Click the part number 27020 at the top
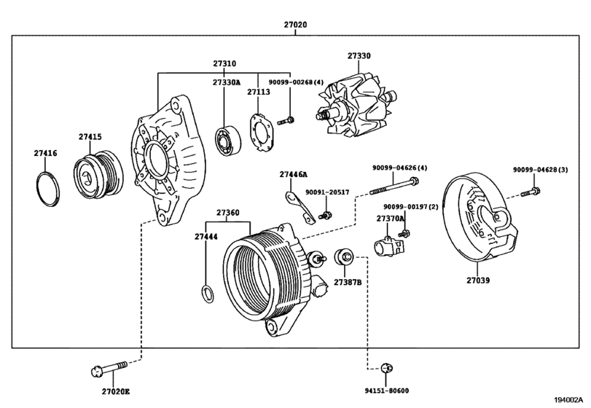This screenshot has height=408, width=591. coord(296,25)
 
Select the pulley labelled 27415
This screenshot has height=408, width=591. coord(98,174)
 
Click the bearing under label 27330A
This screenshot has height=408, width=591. coord(228,141)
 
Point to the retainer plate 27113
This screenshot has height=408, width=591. coord(262,133)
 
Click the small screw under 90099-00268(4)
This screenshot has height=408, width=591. coord(286,121)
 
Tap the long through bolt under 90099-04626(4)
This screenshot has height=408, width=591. coord(394,186)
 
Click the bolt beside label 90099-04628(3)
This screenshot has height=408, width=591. coord(531,192)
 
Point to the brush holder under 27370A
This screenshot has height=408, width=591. coord(389,247)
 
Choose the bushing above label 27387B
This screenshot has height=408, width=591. coord(344,256)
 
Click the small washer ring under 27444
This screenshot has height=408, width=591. coord(208,294)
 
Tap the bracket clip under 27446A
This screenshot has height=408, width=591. coord(300,208)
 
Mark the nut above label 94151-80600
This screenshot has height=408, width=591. coord(386,368)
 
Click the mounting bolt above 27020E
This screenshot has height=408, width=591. coord(109,369)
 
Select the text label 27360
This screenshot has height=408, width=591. coord(227,213)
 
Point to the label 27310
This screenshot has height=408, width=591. coord(224,63)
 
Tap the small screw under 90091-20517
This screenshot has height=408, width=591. coord(325,216)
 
